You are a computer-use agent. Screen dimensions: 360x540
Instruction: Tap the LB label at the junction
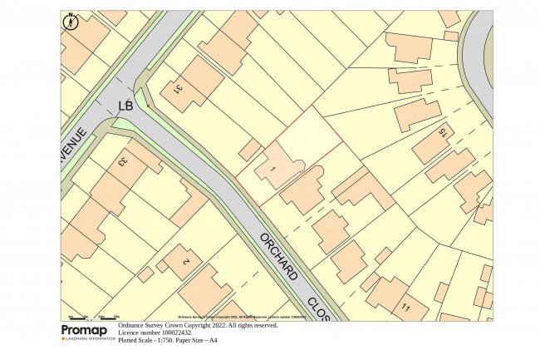[x=125, y=106]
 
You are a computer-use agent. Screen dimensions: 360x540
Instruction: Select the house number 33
[x=124, y=162]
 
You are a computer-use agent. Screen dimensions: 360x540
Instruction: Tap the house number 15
[x=443, y=133]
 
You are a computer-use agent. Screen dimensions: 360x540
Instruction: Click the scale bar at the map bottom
[x=92, y=317]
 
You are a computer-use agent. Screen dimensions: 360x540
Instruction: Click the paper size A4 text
[x=213, y=341]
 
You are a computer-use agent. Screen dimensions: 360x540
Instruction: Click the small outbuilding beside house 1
[x=249, y=150]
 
